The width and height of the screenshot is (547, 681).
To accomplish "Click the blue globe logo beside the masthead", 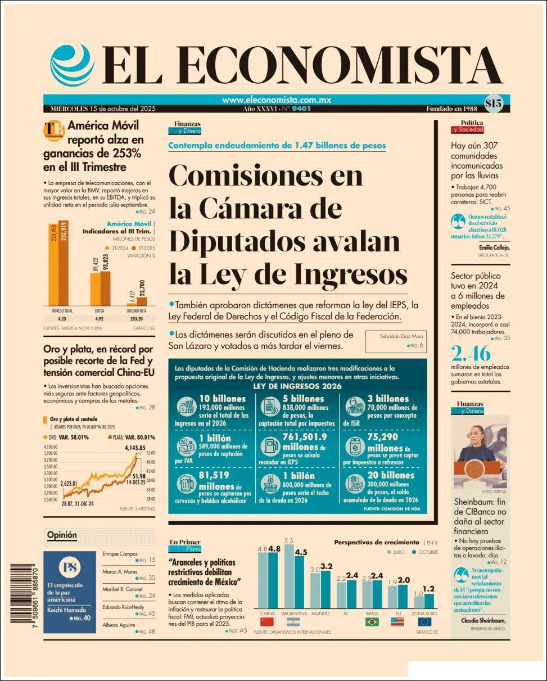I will [72, 64].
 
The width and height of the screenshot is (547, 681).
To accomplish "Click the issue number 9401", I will [301, 109].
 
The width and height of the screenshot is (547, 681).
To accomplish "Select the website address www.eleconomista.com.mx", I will [276, 100].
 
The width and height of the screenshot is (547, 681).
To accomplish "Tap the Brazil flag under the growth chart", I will [372, 622].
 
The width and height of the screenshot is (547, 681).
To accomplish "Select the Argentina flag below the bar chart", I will [293, 622].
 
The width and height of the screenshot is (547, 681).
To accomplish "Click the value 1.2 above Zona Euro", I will [428, 589].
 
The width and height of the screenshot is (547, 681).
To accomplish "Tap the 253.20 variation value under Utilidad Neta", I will [137, 318].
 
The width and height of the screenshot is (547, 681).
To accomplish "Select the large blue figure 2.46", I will [471, 354].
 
